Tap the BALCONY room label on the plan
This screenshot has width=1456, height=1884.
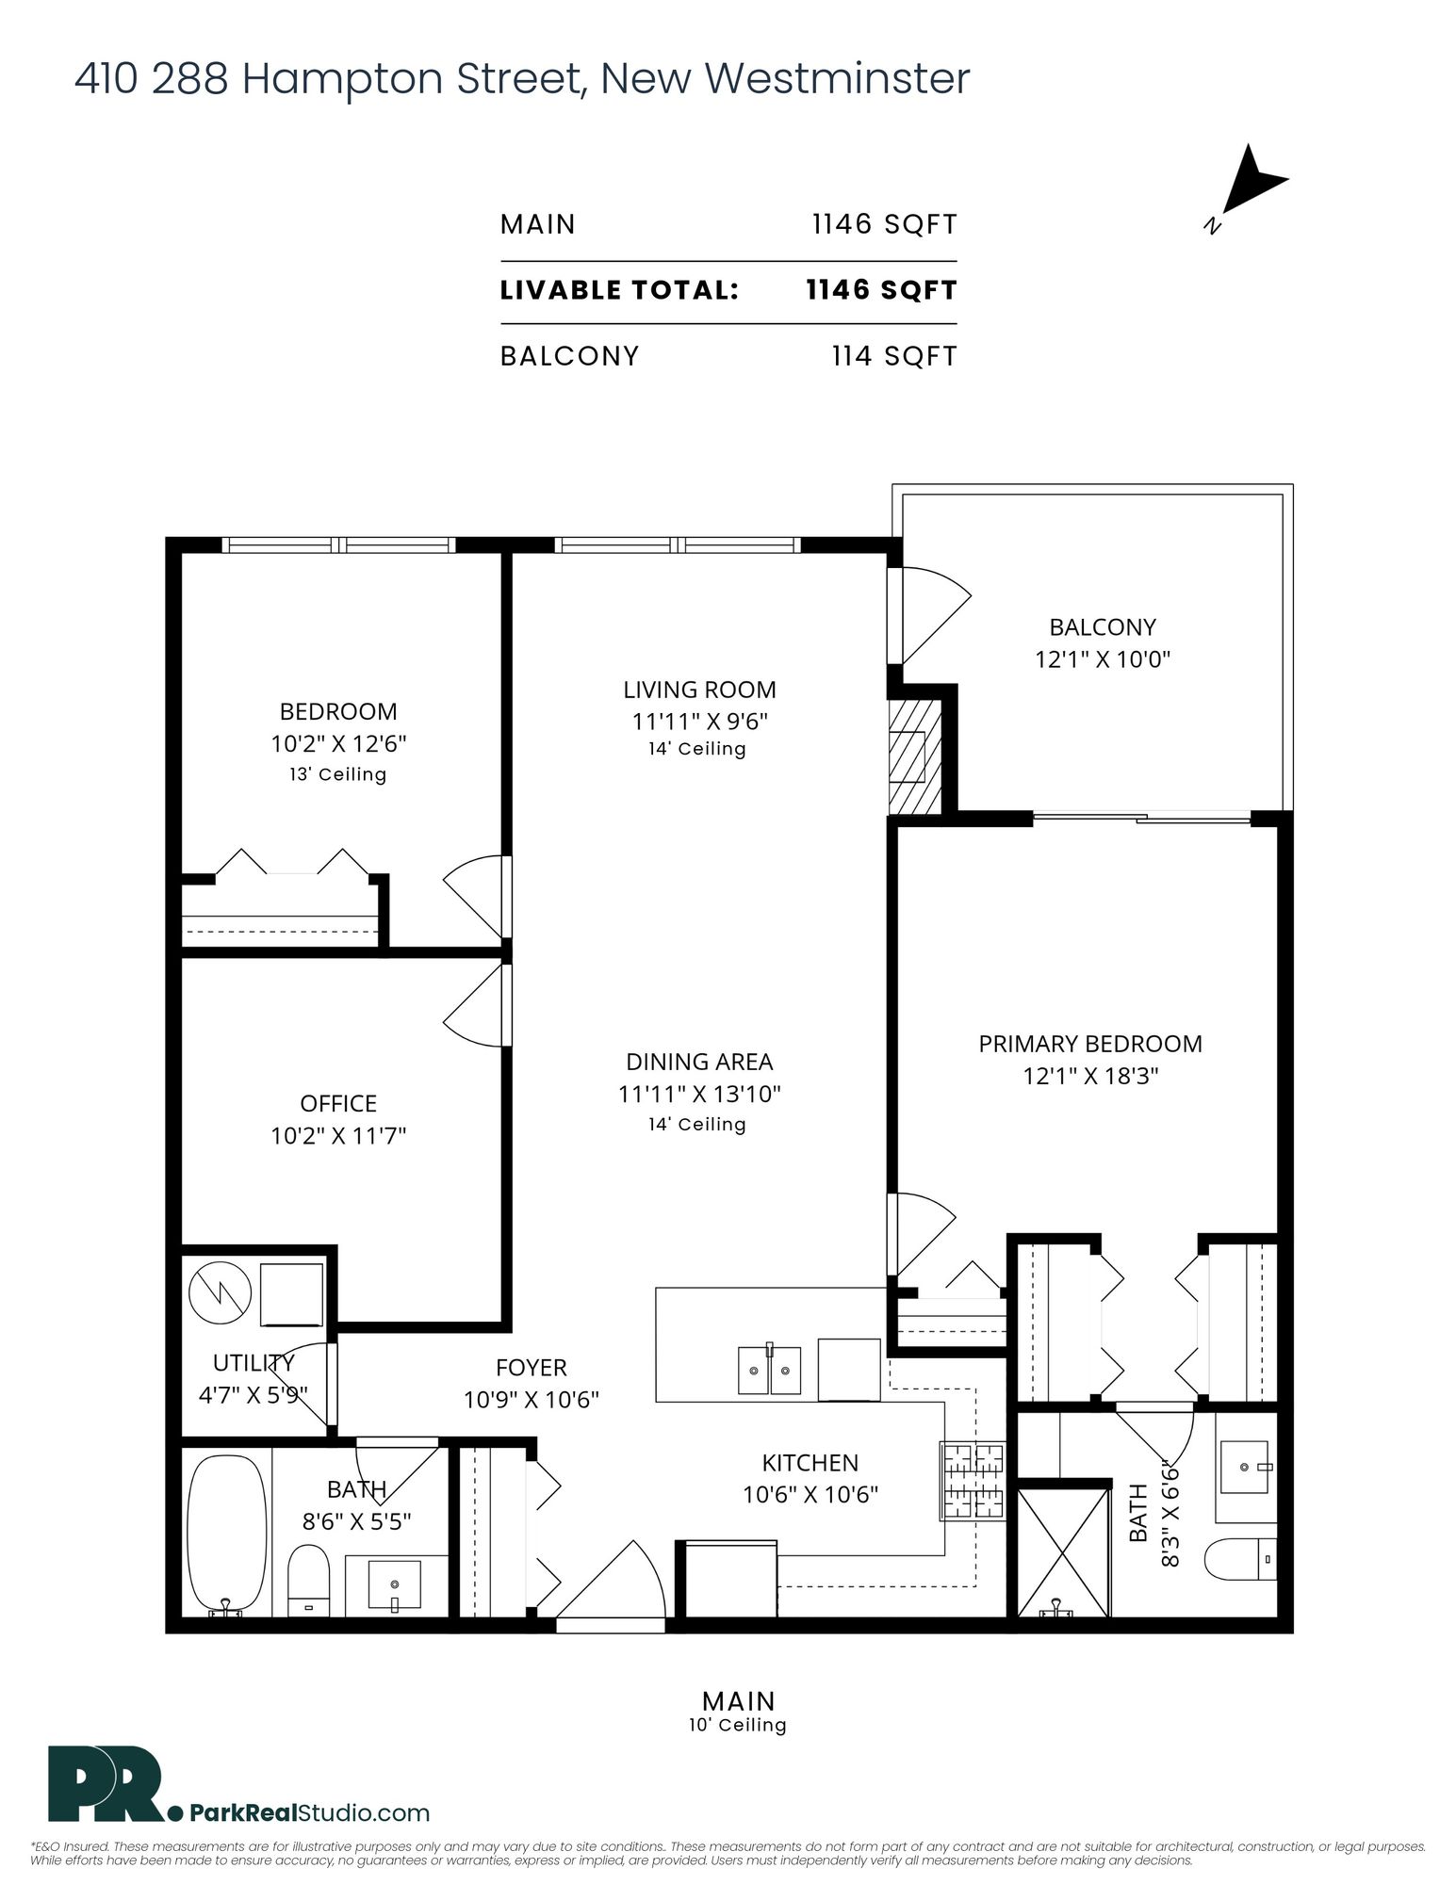(x=1103, y=626)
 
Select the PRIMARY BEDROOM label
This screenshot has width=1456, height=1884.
(x=1090, y=1044)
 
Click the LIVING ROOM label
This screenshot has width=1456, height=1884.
(x=699, y=690)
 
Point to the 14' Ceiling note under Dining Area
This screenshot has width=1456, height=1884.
(x=697, y=1124)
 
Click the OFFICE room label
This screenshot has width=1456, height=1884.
(x=338, y=1103)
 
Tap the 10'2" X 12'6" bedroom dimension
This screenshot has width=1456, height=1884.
(x=338, y=744)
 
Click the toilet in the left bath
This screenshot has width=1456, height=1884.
(x=308, y=1579)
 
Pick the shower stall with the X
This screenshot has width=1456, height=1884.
(x=1063, y=1551)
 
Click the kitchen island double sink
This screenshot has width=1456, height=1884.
(x=769, y=1370)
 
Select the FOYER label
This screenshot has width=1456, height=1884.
(x=532, y=1368)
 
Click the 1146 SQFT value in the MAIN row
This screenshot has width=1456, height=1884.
(x=885, y=224)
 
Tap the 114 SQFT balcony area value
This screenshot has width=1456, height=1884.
(x=894, y=356)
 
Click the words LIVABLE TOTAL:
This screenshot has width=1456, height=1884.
(x=619, y=290)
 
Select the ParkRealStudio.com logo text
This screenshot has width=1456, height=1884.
(x=310, y=1812)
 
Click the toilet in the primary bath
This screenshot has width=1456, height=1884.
(x=1240, y=1560)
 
